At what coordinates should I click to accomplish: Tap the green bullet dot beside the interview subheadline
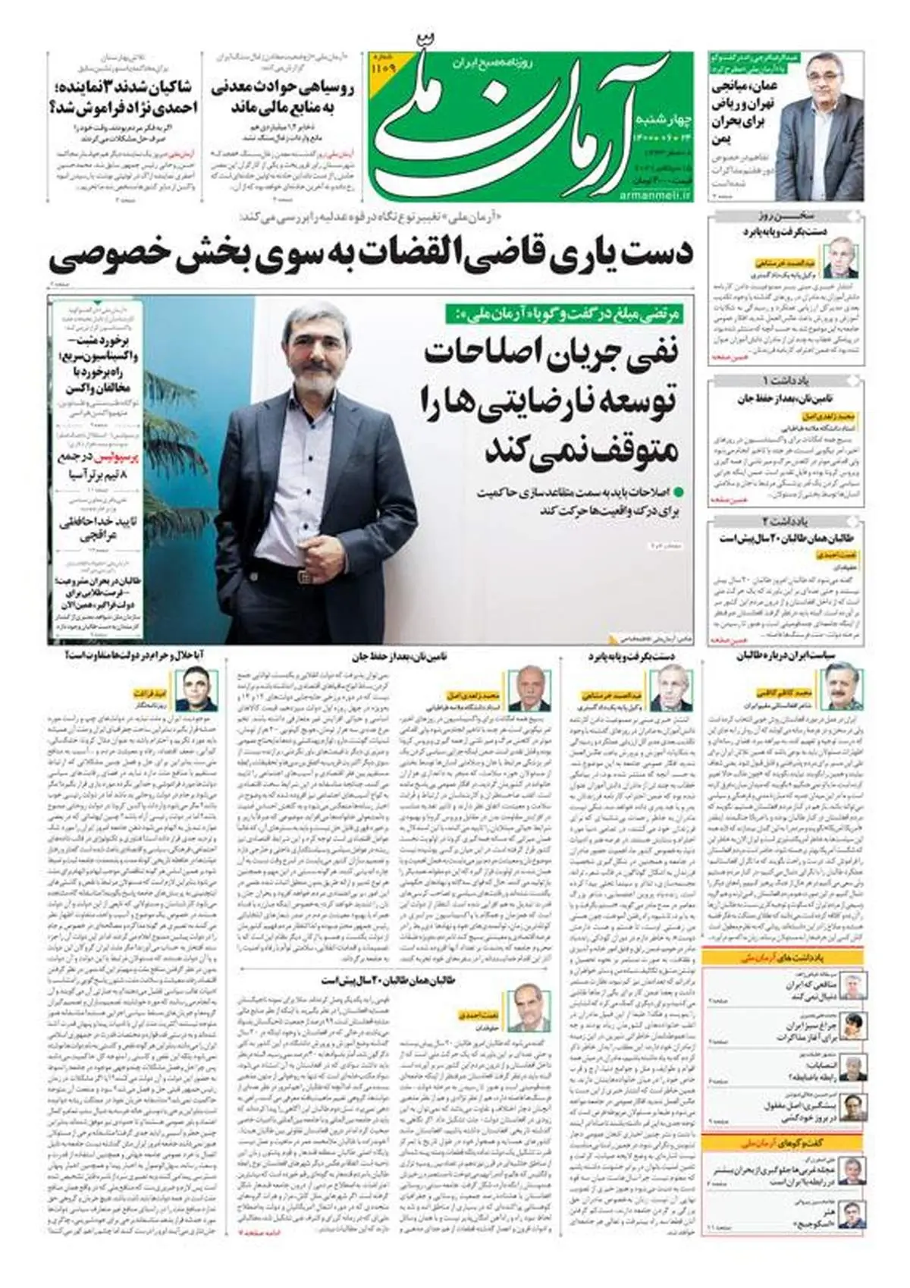678,492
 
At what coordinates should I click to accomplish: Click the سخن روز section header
786,217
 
